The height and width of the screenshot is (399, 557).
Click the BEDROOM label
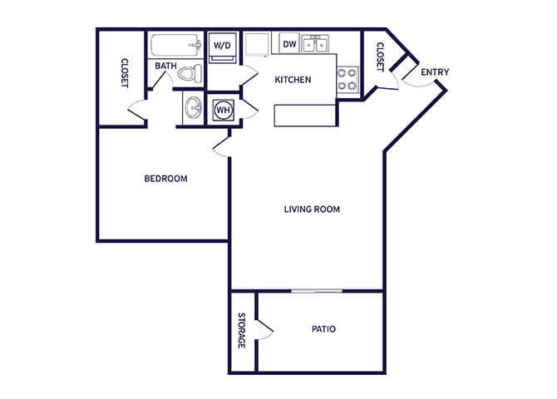click(166, 179)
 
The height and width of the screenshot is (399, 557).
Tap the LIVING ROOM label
click(312, 209)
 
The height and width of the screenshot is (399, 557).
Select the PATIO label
click(323, 329)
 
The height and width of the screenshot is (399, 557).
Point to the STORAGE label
click(242, 331)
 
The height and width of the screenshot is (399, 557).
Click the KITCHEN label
click(293, 80)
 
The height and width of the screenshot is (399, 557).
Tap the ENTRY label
click(435, 72)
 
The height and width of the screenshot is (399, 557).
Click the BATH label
click(166, 66)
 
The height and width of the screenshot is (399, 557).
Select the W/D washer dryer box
click(222, 47)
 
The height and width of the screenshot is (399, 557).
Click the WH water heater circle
click(224, 110)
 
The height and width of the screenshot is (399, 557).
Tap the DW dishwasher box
click(289, 44)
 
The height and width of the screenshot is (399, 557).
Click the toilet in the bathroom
click(190, 73)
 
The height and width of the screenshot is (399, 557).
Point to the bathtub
click(175, 45)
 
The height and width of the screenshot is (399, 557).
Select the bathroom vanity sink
click(193, 108)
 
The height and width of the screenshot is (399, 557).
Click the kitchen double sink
click(315, 44)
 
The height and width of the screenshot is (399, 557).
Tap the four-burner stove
click(348, 79)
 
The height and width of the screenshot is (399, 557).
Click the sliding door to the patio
click(317, 291)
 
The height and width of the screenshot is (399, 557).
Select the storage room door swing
click(264, 330)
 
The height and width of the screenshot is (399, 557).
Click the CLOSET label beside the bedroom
click(125, 73)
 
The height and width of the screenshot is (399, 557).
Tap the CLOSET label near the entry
click(380, 57)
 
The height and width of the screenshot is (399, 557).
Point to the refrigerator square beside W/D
click(257, 44)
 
